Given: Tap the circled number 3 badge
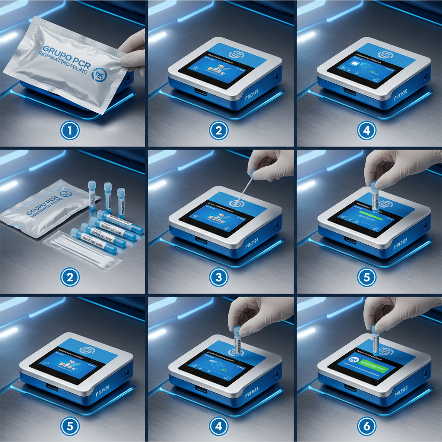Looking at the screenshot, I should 219,278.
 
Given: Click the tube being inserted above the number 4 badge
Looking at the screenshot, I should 237,341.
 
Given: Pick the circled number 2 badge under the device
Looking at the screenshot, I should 219,130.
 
